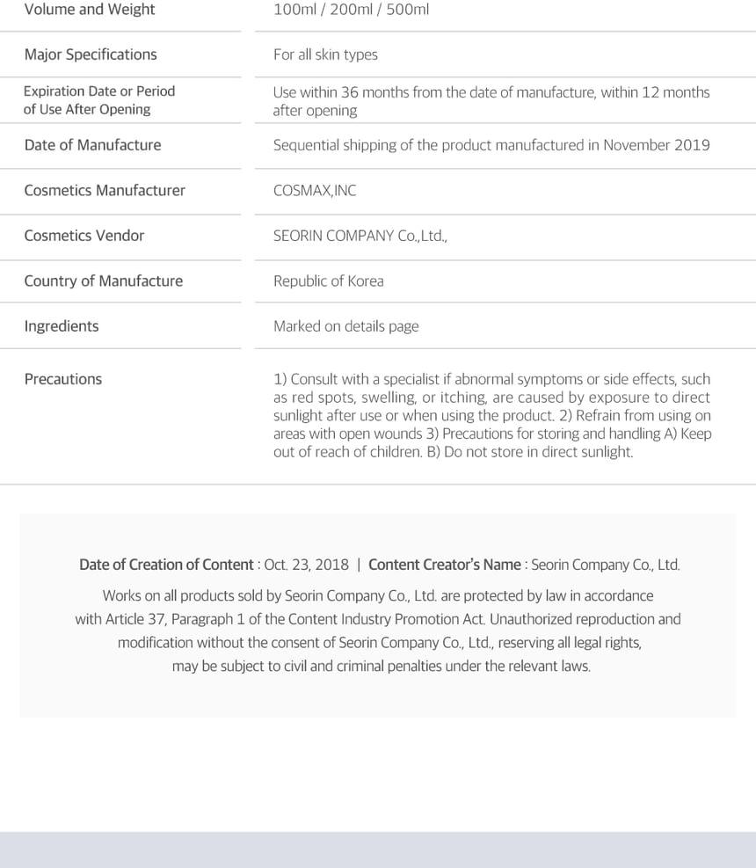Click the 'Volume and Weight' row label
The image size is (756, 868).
tap(90, 10)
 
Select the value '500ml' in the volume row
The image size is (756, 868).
tap(408, 10)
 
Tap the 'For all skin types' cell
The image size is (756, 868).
tap(325, 55)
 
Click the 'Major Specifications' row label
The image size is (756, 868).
tap(91, 55)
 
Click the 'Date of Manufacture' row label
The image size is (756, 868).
tap(92, 145)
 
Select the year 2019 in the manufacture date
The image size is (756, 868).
tap(692, 145)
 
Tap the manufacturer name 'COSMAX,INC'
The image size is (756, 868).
tap(315, 191)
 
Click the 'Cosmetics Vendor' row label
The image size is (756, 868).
tap(84, 236)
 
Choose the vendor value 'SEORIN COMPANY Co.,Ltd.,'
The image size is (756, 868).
tap(360, 236)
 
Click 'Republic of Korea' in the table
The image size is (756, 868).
tap(328, 281)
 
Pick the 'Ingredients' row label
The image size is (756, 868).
tap(62, 326)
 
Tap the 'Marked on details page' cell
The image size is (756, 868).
tap(345, 326)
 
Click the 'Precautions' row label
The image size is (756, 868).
tap(63, 379)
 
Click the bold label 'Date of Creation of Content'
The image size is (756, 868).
tap(166, 565)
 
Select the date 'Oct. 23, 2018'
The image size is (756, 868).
tap(307, 565)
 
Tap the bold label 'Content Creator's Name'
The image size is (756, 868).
tap(445, 565)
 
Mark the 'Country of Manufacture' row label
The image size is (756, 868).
tap(104, 281)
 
